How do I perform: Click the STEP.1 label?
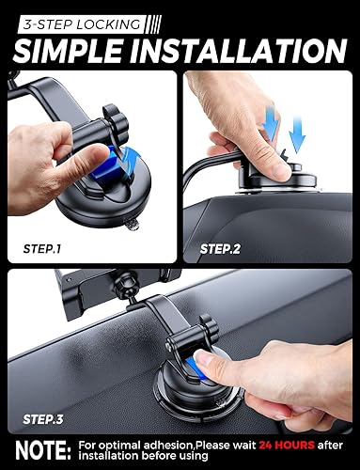coord(40,249)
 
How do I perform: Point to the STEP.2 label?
coord(221,249)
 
